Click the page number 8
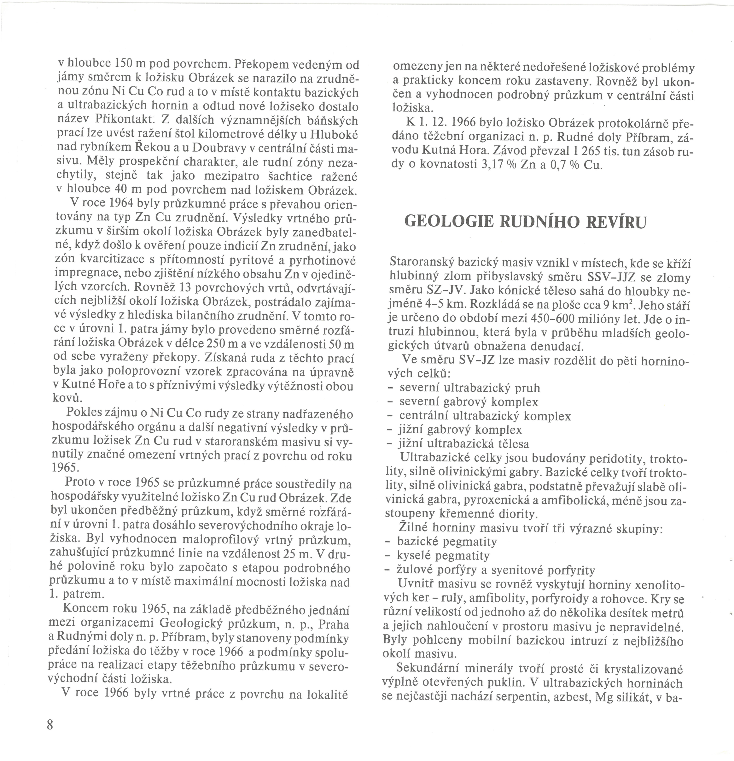(50, 724)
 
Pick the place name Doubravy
(220, 148)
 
